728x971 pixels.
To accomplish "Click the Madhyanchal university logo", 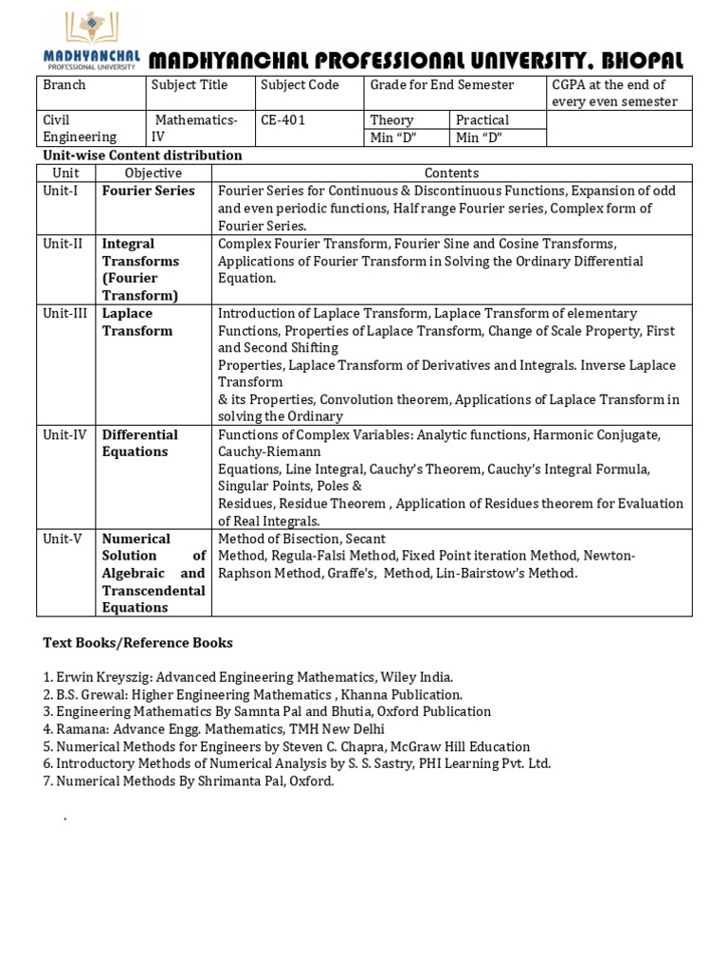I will point(91,41).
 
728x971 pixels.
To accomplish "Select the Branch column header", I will point(64,85).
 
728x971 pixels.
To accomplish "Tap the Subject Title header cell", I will point(190,85).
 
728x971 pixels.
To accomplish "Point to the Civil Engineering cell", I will point(80,128).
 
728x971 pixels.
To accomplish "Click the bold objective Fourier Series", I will point(148,191).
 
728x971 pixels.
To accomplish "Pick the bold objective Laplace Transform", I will point(137,322).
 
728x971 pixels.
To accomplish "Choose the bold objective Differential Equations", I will point(139,443).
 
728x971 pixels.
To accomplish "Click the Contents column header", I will point(451,173).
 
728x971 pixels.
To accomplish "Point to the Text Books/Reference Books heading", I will point(137,643).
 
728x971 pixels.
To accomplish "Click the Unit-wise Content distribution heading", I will point(142,156).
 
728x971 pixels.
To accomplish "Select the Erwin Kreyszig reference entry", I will point(247,677).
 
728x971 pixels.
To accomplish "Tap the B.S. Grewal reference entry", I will point(252,695).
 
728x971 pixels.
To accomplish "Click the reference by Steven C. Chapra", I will point(286,747).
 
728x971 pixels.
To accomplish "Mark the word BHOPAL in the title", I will point(643,61).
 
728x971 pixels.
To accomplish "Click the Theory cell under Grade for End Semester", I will point(391,120).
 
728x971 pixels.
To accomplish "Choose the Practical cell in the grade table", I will point(482,120).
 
